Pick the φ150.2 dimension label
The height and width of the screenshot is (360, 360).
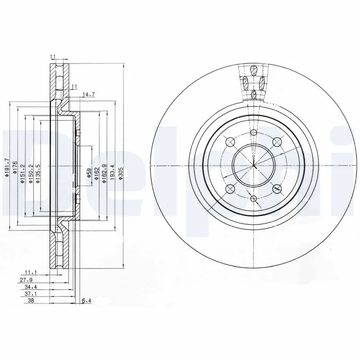pyautogui.click(x=31, y=172)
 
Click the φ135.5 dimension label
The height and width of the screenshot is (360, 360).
pyautogui.click(x=38, y=172)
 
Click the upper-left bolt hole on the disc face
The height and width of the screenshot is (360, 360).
pyautogui.click(x=231, y=142)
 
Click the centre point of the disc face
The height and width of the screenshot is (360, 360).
pyautogui.click(x=254, y=166)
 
